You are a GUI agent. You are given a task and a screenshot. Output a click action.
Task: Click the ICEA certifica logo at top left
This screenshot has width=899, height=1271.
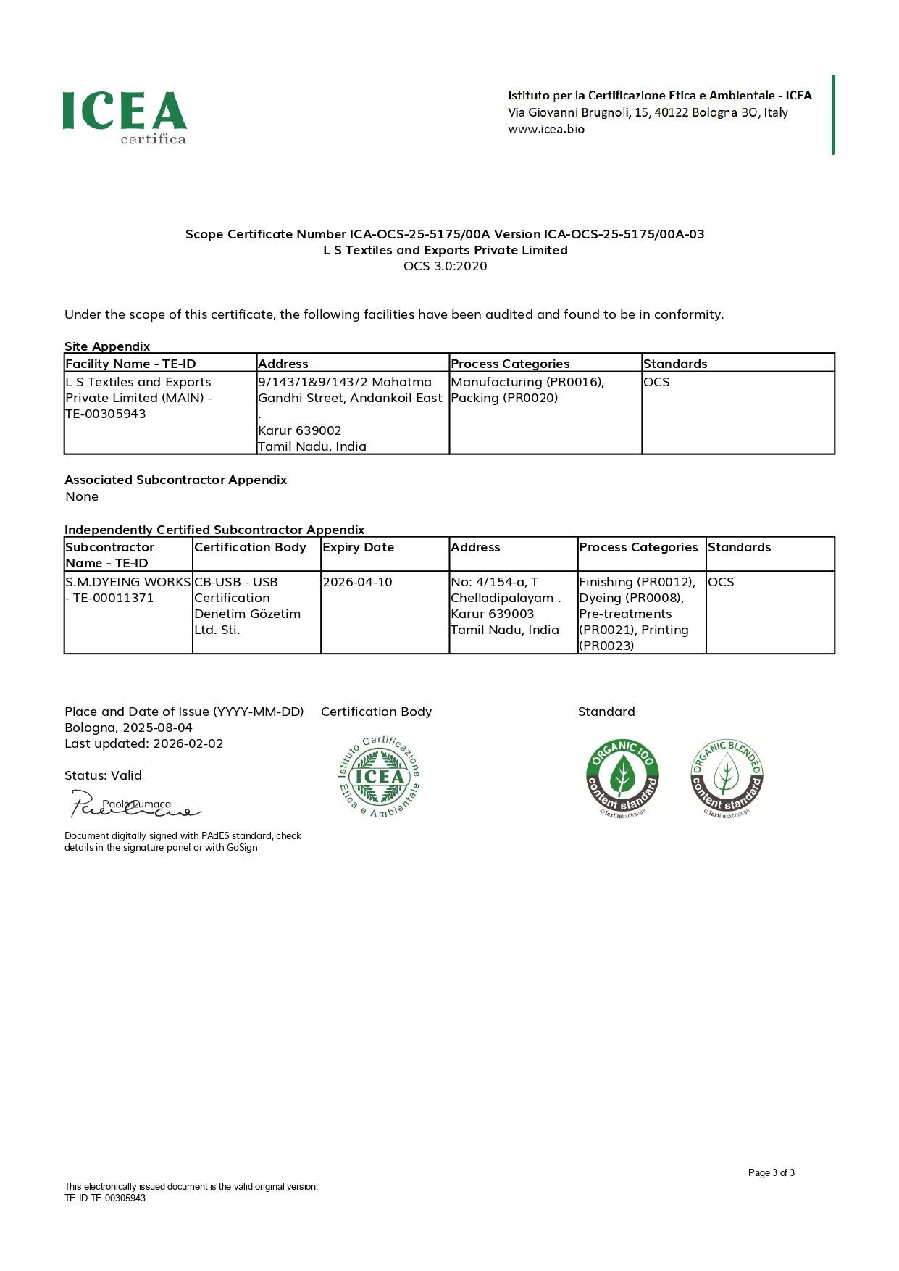[125, 117]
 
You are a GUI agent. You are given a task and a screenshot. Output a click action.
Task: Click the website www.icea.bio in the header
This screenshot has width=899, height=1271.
[545, 130]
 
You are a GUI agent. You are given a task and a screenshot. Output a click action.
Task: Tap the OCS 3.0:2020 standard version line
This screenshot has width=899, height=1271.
[445, 266]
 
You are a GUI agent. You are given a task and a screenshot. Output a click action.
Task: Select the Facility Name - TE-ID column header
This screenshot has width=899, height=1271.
[130, 364]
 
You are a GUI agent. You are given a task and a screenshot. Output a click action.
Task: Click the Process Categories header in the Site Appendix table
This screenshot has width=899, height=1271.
[510, 364]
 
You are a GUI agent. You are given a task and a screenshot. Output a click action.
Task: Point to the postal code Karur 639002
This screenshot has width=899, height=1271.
[300, 430]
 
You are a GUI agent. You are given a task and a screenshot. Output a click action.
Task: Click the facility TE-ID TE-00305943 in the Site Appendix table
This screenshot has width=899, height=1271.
[106, 414]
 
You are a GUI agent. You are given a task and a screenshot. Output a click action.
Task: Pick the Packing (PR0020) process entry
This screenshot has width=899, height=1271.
[504, 398]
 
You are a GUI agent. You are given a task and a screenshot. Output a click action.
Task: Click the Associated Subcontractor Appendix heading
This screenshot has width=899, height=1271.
[175, 480]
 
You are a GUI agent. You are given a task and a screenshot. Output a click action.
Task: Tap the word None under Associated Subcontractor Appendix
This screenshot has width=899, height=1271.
[82, 496]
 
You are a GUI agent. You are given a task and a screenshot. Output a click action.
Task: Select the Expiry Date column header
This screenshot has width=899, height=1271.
[358, 547]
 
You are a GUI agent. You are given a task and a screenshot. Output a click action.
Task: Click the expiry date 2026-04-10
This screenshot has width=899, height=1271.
[357, 582]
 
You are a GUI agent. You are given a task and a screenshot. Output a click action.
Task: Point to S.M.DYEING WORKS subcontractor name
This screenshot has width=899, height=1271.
[128, 582]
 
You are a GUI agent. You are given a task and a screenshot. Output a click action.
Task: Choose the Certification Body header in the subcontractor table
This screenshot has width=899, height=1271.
[250, 547]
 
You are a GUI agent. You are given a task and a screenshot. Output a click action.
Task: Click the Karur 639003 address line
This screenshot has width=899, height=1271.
[492, 614]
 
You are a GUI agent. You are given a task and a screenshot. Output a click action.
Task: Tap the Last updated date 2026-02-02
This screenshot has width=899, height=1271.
[188, 743]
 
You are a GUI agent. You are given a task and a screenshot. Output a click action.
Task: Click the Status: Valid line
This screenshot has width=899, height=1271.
[103, 775]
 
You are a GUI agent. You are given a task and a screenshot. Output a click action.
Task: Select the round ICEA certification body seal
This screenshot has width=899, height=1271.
[380, 777]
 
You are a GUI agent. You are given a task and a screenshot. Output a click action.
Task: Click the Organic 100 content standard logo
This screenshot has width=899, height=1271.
[622, 778]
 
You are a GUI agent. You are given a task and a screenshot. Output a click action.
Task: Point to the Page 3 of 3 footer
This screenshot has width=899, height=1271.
[771, 1173]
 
